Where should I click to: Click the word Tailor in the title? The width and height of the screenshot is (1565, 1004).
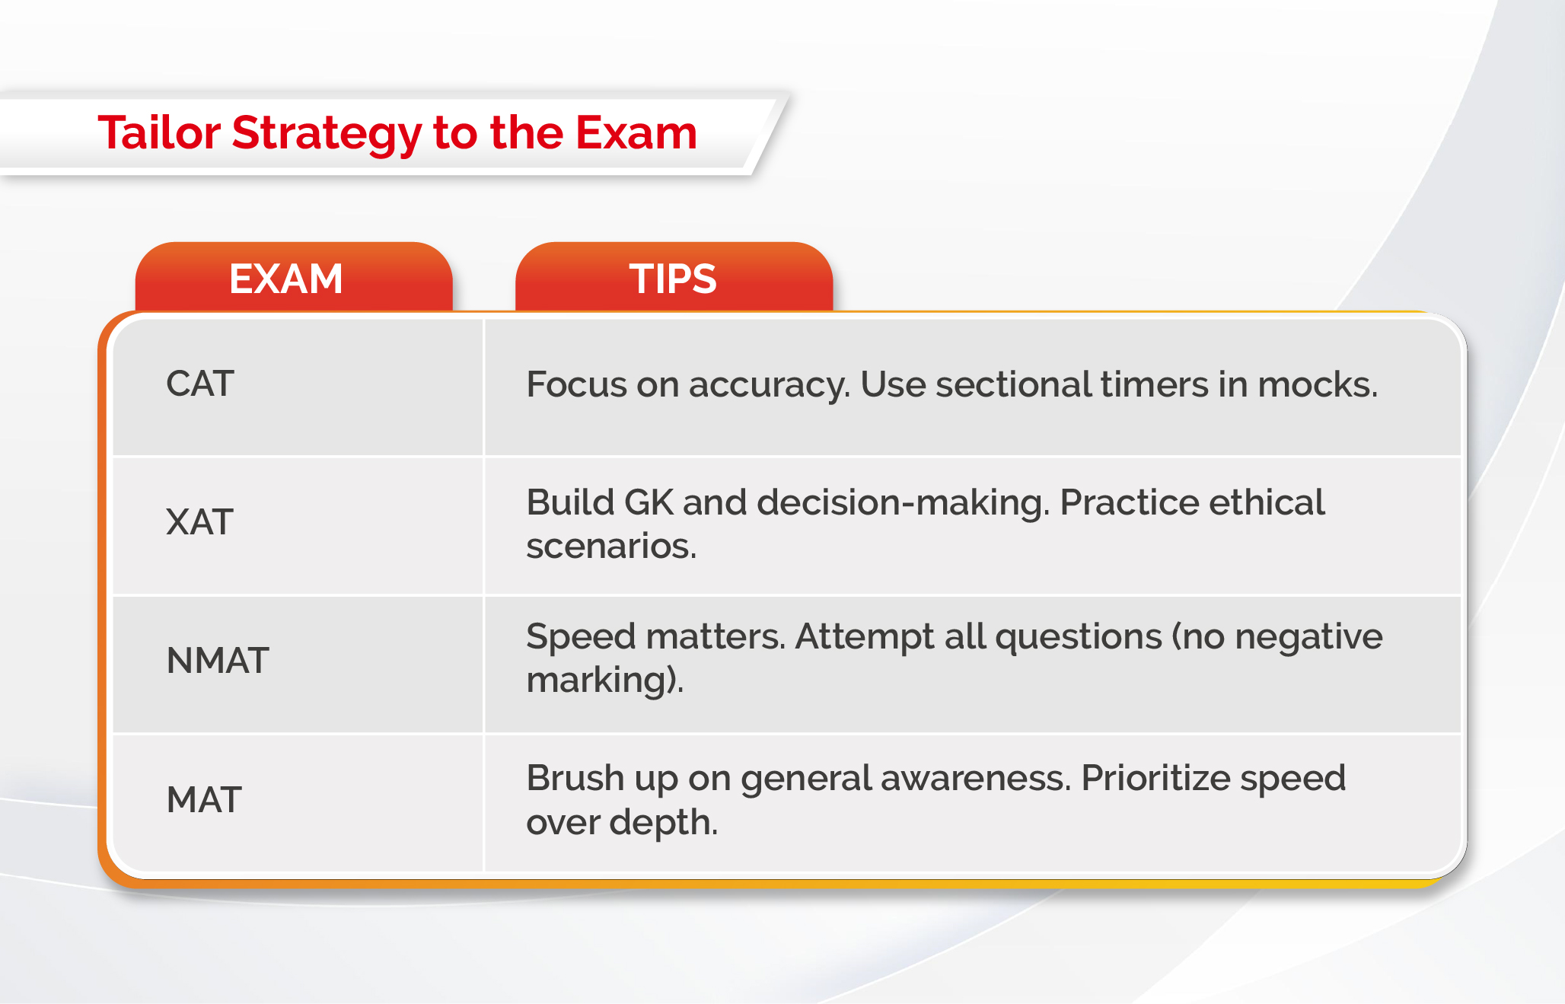point(159,132)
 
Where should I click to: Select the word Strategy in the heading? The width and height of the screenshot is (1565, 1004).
point(327,135)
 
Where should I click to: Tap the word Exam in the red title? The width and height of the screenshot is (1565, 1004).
point(636,132)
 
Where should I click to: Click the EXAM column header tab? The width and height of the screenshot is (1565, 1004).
point(294,277)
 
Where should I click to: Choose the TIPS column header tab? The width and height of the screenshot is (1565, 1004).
point(674,277)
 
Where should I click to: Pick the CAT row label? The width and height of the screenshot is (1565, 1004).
point(199,384)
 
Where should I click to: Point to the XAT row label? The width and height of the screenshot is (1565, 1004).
point(199,522)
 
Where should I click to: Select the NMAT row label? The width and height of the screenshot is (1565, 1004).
point(218,661)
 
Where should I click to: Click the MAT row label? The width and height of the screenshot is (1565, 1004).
point(204,800)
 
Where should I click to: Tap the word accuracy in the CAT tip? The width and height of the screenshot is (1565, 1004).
point(769,386)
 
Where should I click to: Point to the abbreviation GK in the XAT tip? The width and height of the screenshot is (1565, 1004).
point(649,502)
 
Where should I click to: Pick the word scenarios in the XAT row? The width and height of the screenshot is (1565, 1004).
point(611,547)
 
